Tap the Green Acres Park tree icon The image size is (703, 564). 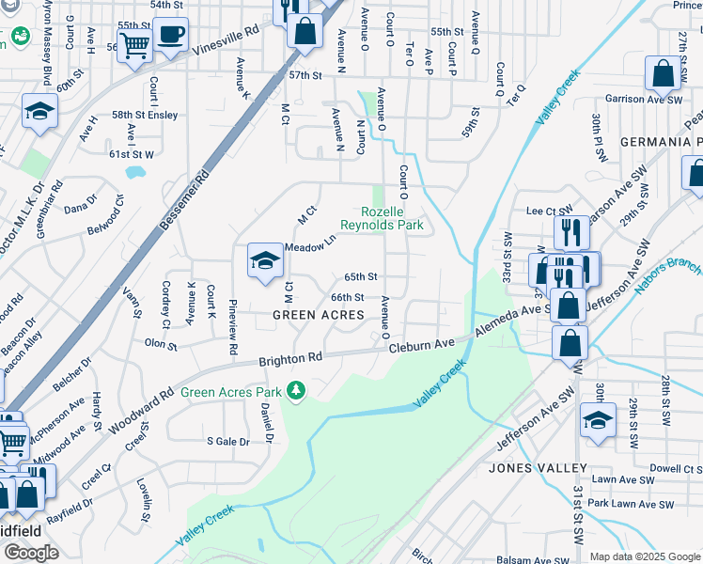pyautogui.click(x=297, y=389)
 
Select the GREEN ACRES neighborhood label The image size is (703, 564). pyautogui.click(x=318, y=315)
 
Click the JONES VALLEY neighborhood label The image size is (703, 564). pyautogui.click(x=539, y=467)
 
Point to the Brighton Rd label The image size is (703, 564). pyautogui.click(x=290, y=358)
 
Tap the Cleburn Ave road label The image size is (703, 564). pyautogui.click(x=422, y=346)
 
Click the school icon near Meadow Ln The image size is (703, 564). pyautogui.click(x=265, y=259)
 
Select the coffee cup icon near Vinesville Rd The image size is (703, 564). pyautogui.click(x=170, y=36)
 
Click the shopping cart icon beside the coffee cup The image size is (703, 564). pyautogui.click(x=134, y=43)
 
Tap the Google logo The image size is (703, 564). pyautogui.click(x=31, y=553)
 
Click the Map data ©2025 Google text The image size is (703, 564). pyautogui.click(x=644, y=556)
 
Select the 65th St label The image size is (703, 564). pyautogui.click(x=360, y=277)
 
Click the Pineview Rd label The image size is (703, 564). pyautogui.click(x=232, y=328)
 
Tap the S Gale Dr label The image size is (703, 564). pyautogui.click(x=228, y=441)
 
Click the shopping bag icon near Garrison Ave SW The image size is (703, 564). pyautogui.click(x=663, y=74)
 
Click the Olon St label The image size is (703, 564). pyautogui.click(x=161, y=345)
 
